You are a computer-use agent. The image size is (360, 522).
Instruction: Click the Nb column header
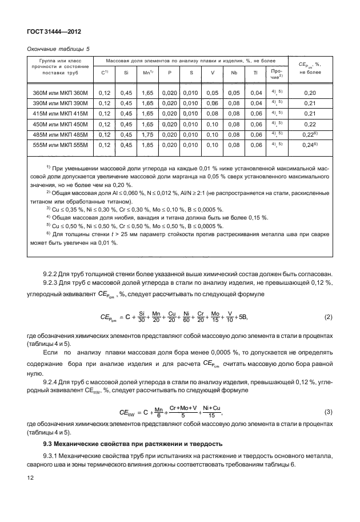click(x=234, y=73)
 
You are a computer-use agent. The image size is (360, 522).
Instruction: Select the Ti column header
click(x=255, y=73)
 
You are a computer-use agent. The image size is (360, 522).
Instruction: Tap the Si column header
click(x=125, y=73)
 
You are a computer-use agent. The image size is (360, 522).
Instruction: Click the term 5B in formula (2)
click(x=244, y=317)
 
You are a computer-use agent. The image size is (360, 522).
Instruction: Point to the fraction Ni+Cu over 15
click(x=211, y=412)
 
